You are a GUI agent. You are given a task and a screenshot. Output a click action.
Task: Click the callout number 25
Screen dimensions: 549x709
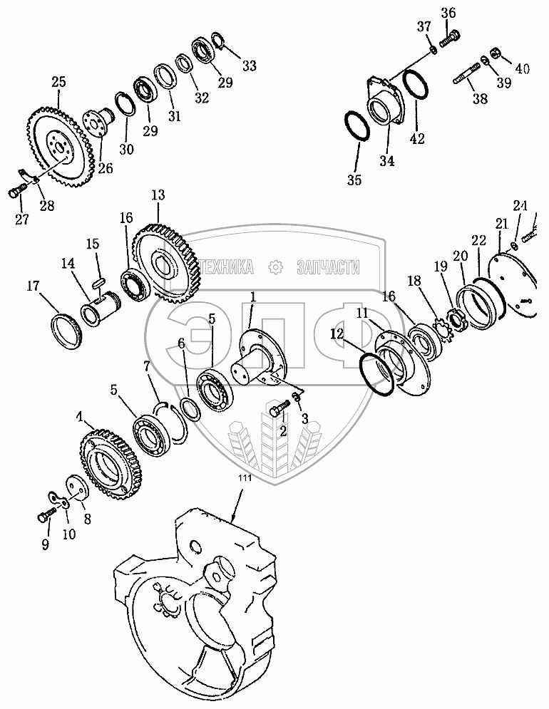pos(58,82)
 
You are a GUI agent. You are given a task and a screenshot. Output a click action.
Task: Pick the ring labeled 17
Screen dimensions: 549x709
pos(66,331)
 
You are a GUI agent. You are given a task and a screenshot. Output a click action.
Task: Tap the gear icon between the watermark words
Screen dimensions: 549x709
pos(275,266)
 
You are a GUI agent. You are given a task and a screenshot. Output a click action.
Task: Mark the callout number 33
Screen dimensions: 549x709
pos(248,66)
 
